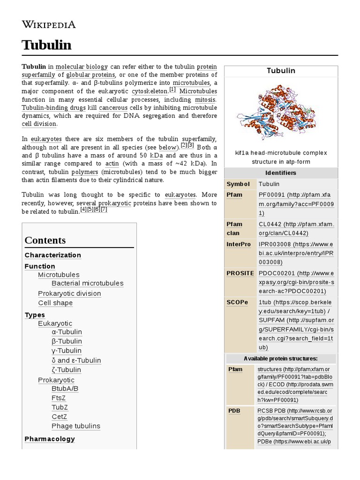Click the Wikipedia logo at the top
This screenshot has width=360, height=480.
[49, 25]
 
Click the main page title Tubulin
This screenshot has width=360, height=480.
[46, 45]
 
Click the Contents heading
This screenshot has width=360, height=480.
[45, 240]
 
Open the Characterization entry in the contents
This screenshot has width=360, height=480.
[52, 255]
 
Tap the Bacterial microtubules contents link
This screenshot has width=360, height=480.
[87, 283]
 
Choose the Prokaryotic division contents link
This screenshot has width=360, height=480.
[69, 293]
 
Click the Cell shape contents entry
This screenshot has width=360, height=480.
[55, 303]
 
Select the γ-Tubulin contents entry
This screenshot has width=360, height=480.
[67, 351]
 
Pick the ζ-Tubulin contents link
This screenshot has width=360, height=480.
[66, 370]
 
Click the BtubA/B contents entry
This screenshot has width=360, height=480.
[65, 388]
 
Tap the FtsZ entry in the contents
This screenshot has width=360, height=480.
[59, 398]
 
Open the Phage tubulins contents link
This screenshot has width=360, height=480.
[75, 426]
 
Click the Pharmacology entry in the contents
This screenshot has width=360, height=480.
[50, 439]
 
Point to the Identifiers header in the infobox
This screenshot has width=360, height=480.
[280, 173]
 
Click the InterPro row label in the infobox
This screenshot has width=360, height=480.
[239, 244]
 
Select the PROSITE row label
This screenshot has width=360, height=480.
[240, 273]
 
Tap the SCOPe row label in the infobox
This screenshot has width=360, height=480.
[237, 302]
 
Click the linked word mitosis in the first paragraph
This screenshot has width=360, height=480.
[205, 99]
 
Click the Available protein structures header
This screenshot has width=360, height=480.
[280, 359]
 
